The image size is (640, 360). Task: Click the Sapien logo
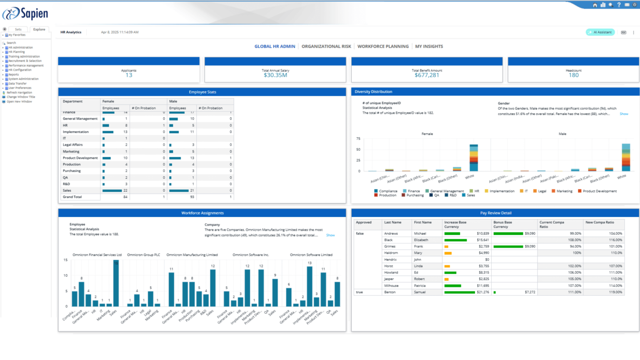tap(25, 13)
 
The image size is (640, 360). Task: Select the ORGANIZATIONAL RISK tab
tap(326, 47)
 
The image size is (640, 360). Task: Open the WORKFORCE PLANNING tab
tap(383, 47)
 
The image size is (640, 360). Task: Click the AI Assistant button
tap(600, 32)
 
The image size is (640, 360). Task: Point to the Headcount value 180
tap(573, 75)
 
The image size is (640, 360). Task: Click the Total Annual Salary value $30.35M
tap(275, 75)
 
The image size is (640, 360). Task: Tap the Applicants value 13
tap(129, 75)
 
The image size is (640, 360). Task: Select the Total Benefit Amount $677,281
tap(427, 75)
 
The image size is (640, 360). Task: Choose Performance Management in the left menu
tap(26, 65)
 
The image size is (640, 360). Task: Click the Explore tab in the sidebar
tap(39, 30)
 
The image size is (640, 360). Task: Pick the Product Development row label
tap(80, 158)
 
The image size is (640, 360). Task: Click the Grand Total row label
tap(72, 197)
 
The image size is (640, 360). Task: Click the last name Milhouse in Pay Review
tap(391, 286)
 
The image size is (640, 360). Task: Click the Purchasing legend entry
tap(415, 195)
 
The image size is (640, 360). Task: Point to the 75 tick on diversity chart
tap(358, 139)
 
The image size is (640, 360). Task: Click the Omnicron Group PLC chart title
tap(143, 255)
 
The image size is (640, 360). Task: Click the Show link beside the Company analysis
tap(330, 235)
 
